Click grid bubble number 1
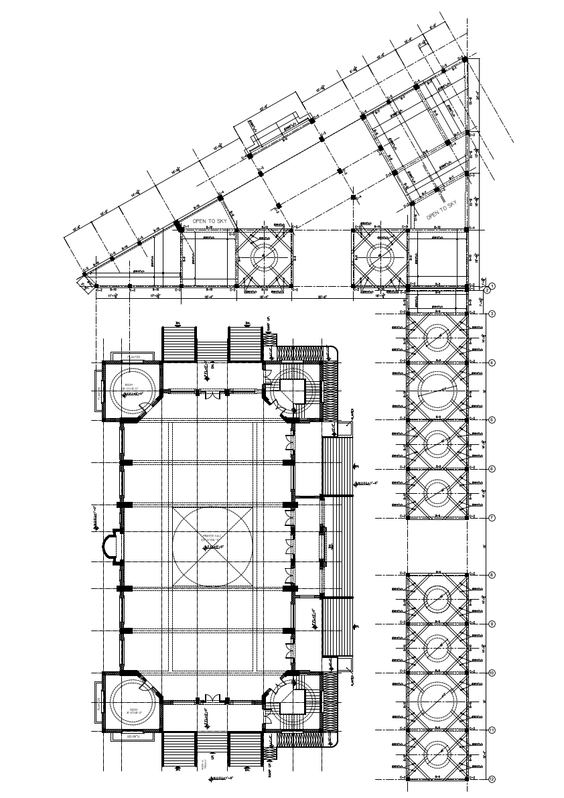(x=491, y=286)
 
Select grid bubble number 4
(x=492, y=362)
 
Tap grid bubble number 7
(x=492, y=518)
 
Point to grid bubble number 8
(x=492, y=575)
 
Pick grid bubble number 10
(x=492, y=672)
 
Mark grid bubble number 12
(x=492, y=779)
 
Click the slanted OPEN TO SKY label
(x=441, y=210)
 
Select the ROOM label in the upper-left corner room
(x=128, y=385)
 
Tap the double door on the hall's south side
(x=212, y=697)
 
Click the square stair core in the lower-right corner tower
(x=292, y=702)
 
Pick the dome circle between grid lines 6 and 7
(x=437, y=492)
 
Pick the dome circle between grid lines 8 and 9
(x=437, y=599)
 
